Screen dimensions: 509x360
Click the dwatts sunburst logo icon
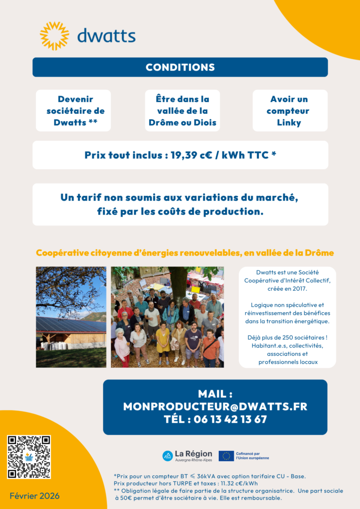point(54,36)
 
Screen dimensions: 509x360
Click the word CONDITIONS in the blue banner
point(180,68)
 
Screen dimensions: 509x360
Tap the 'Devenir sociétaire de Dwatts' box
point(73,111)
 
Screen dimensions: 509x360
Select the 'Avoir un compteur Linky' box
point(289,111)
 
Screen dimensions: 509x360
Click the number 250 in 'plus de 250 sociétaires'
point(287,338)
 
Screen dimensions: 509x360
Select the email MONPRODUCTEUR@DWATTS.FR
point(215,407)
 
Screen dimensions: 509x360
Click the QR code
point(29,457)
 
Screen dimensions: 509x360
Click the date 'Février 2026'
point(34,496)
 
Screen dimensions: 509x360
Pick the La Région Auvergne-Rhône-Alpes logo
point(187,455)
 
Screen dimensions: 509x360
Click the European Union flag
point(226,456)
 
